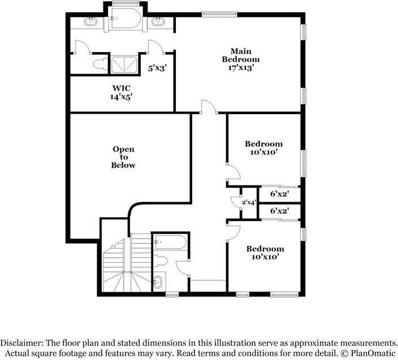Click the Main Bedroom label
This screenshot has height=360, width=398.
click(x=240, y=54)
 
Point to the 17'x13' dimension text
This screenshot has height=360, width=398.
click(x=240, y=67)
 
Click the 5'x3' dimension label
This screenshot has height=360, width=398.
click(x=158, y=68)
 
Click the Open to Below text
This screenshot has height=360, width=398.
click(x=123, y=157)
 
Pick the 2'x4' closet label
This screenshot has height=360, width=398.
click(x=249, y=202)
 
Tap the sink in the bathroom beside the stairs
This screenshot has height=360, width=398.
click(x=158, y=282)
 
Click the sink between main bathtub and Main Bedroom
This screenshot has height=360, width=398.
click(x=159, y=22)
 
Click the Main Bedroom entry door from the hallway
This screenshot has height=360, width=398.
click(x=208, y=106)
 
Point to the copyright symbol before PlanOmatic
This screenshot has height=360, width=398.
click(x=344, y=353)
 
